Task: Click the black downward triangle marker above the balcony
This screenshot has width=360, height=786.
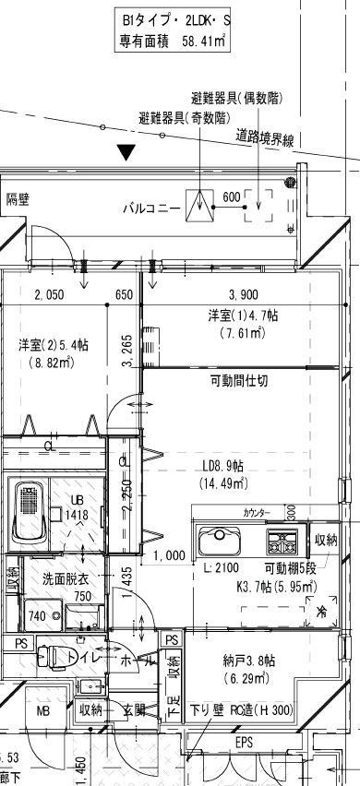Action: pyautogui.click(x=127, y=152)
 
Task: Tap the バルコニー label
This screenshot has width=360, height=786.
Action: pyautogui.click(x=152, y=208)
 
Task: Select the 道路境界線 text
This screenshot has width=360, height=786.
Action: pyautogui.click(x=265, y=139)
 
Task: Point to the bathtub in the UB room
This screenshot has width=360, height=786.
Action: pyautogui.click(x=27, y=509)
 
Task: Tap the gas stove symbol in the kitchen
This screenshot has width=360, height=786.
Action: pyautogui.click(x=281, y=539)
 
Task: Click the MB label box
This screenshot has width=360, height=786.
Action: pyautogui.click(x=43, y=712)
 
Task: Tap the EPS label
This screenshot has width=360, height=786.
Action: pyautogui.click(x=244, y=741)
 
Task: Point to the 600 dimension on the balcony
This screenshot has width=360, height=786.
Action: pyautogui.click(x=231, y=196)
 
